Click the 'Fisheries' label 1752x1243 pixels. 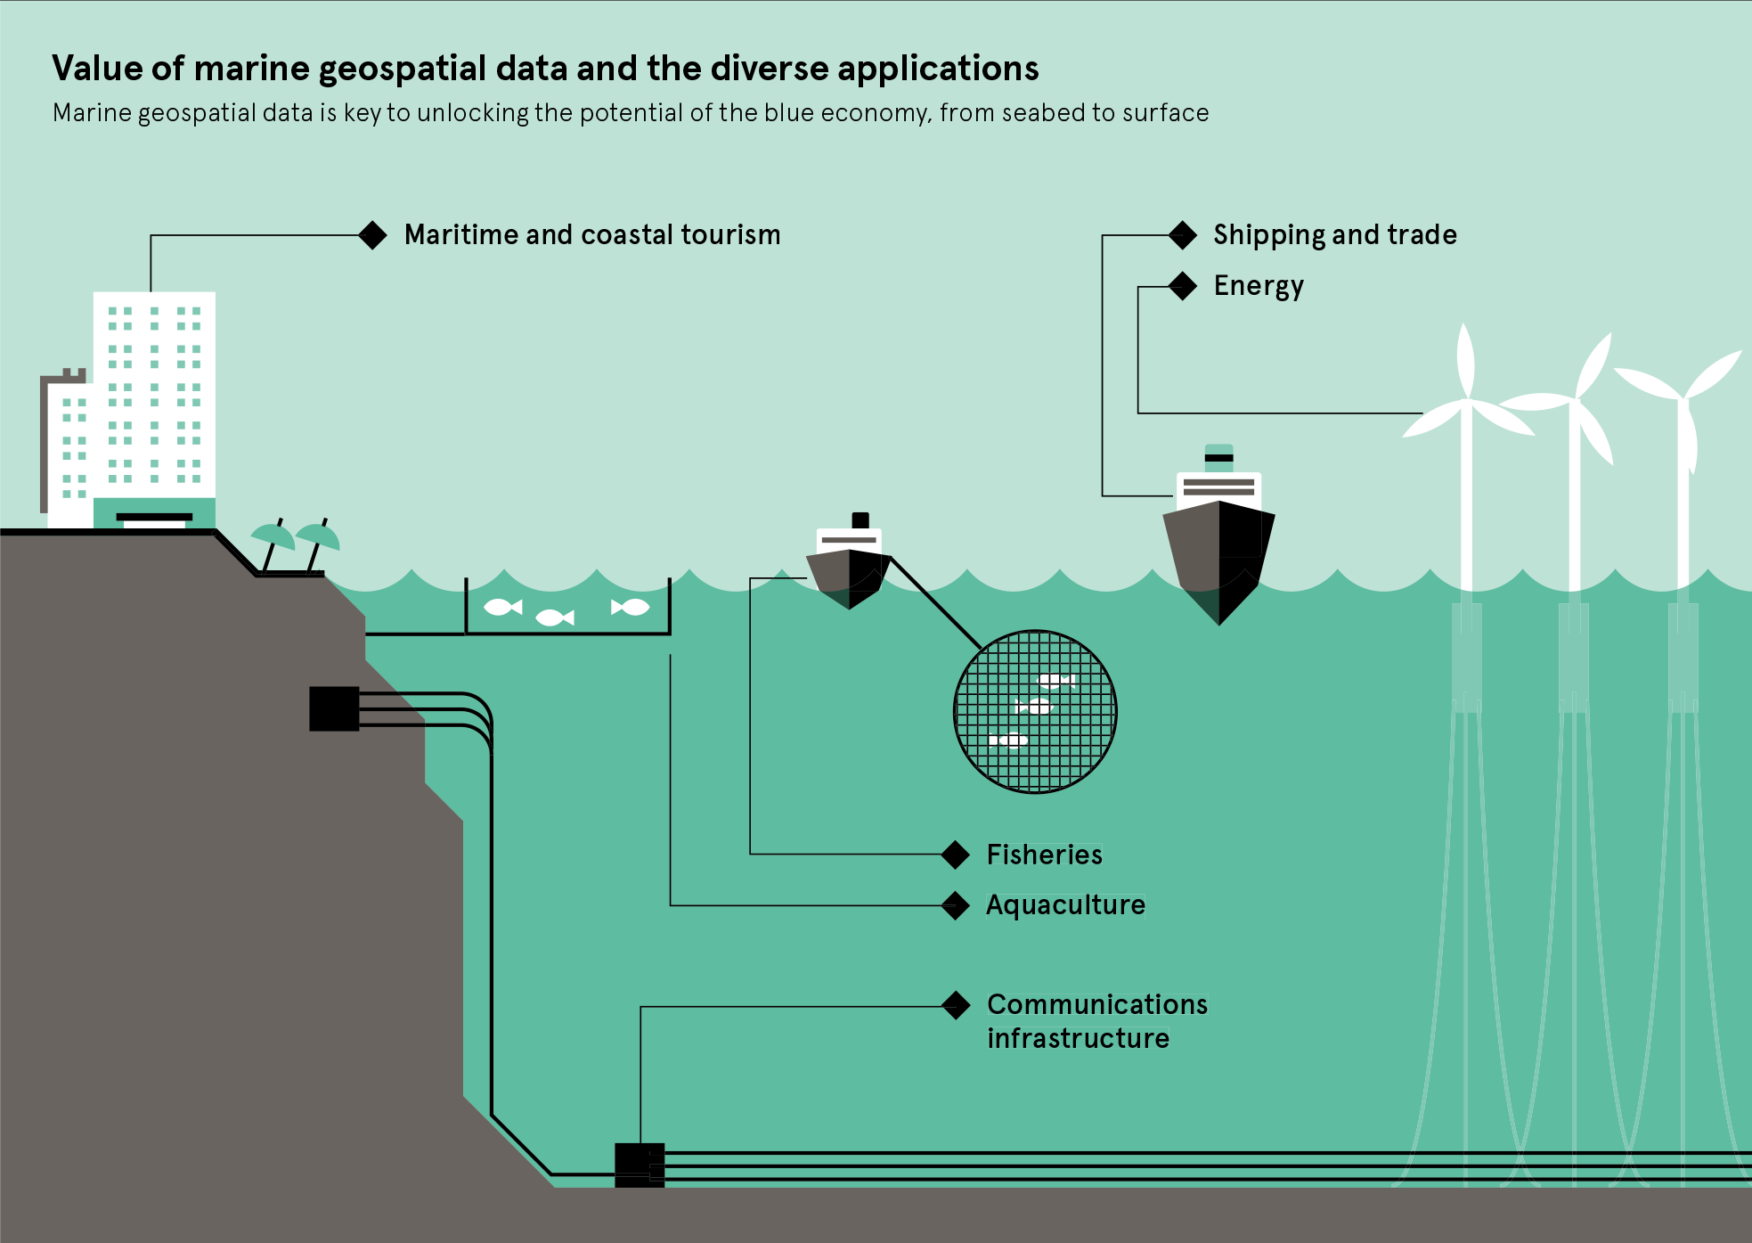click(1044, 855)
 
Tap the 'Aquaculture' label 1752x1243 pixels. click(1065, 904)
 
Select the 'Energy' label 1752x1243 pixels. click(1258, 286)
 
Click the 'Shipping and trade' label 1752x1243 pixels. click(1334, 234)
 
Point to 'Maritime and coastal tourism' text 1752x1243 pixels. click(591, 234)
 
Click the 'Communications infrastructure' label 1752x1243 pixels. click(1096, 1021)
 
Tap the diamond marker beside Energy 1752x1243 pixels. click(1182, 286)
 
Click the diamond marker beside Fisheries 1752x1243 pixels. click(955, 855)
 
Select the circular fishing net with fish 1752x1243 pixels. click(1034, 711)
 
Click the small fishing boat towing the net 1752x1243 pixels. click(848, 566)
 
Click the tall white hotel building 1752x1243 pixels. click(154, 401)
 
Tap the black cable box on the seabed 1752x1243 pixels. click(640, 1165)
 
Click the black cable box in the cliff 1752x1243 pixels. click(334, 708)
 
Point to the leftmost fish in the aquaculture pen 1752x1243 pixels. click(501, 607)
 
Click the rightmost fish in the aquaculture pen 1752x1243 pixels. click(631, 607)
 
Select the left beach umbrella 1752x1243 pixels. click(273, 537)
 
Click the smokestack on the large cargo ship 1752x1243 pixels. click(1218, 456)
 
